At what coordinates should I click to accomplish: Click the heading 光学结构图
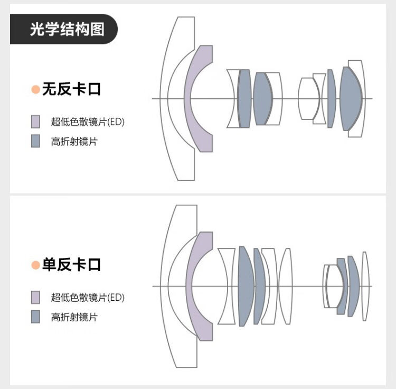[67, 29]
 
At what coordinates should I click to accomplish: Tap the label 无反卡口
[72, 89]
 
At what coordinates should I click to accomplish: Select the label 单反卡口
[72, 265]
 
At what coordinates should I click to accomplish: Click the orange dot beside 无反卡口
[35, 89]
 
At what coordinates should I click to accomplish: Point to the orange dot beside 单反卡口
[35, 265]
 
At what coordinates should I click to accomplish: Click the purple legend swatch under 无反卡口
[35, 122]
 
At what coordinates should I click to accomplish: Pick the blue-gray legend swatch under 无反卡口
[35, 141]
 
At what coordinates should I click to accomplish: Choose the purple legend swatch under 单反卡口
[35, 297]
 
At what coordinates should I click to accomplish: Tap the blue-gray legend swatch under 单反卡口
[35, 317]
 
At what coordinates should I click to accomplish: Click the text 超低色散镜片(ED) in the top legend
[88, 122]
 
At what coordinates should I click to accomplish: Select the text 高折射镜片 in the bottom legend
[74, 317]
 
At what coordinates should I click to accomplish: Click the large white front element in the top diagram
[164, 99]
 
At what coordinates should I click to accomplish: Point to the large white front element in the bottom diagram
[164, 286]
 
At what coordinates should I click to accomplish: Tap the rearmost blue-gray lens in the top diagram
[351, 99]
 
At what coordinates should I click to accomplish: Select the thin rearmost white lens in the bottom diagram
[364, 286]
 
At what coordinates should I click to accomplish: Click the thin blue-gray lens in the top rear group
[332, 99]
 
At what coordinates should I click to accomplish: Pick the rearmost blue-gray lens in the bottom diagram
[354, 286]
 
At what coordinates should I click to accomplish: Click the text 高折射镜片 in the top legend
[74, 141]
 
